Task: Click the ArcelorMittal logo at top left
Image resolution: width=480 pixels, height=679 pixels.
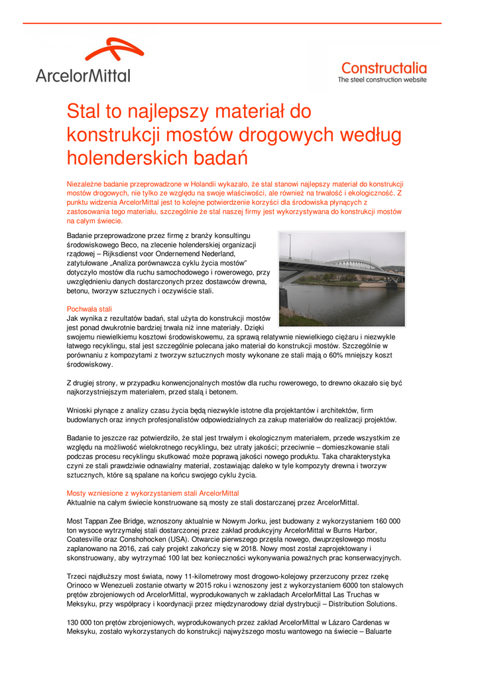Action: click(84, 61)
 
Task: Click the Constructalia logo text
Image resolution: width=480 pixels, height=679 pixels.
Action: click(384, 68)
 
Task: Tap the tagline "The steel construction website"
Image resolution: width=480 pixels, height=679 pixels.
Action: click(383, 80)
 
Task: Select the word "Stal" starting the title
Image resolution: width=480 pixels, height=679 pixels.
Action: click(83, 111)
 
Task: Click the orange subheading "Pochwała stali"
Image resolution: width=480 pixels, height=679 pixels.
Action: click(90, 309)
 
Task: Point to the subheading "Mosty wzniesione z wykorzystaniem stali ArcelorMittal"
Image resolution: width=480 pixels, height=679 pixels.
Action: click(152, 493)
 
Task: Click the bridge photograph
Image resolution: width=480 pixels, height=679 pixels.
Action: click(341, 278)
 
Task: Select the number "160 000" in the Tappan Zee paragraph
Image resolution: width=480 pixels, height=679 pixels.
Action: click(386, 521)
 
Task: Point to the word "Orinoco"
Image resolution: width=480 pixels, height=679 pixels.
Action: click(80, 586)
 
